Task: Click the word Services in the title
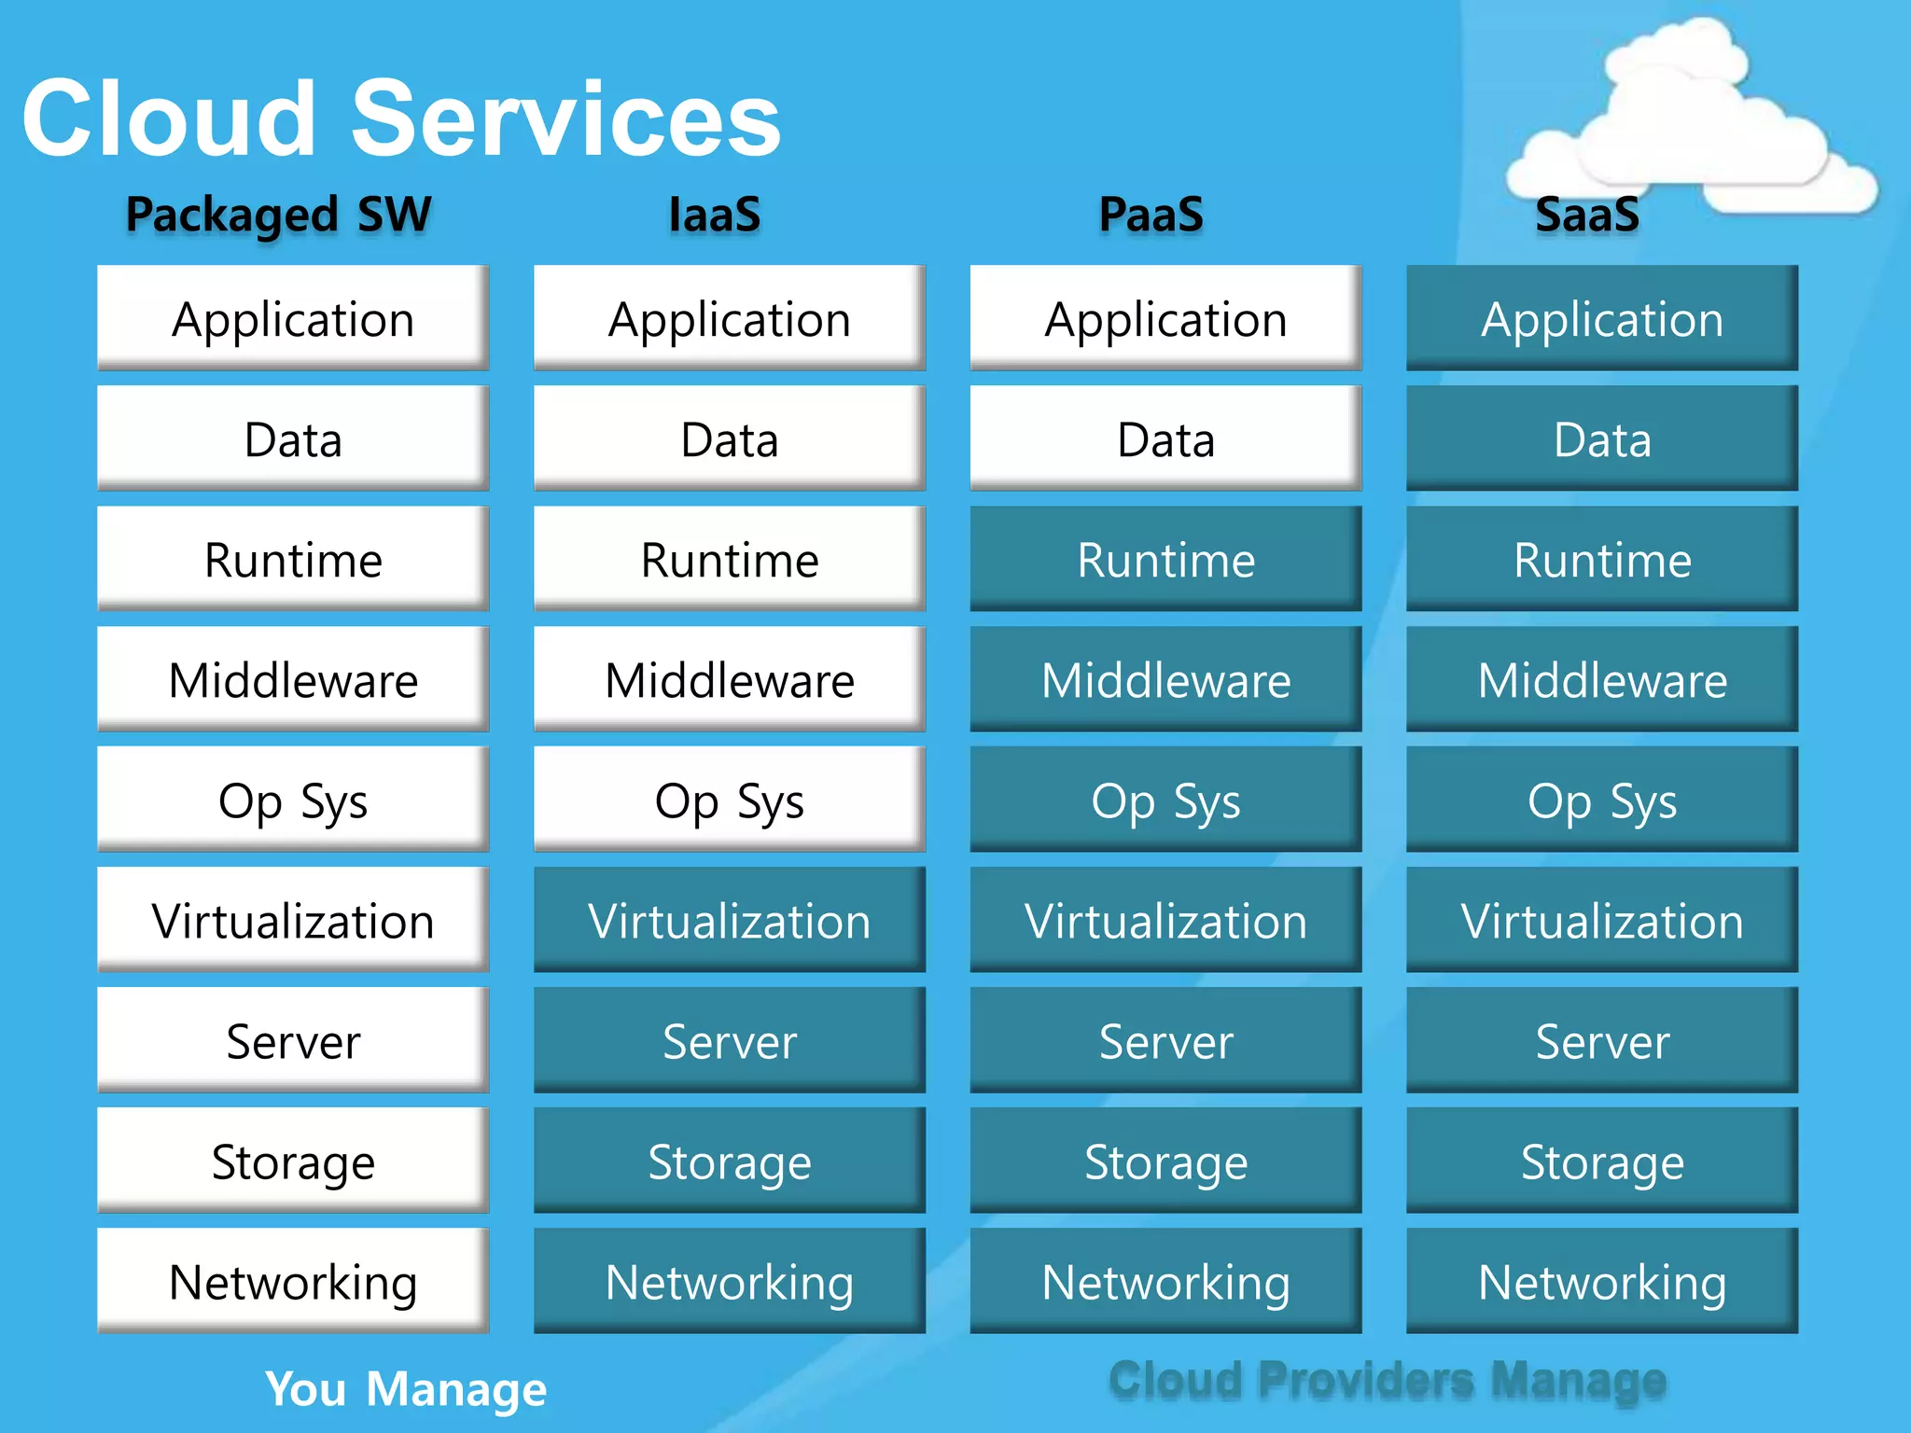[x=565, y=119]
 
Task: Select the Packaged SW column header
[x=278, y=215]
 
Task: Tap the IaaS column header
[x=715, y=215]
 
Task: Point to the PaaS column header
[x=1151, y=215]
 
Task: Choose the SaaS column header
[x=1587, y=215]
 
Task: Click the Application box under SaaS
[x=1602, y=319]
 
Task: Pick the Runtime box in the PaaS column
[x=1165, y=560]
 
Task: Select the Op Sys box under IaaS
[x=729, y=800]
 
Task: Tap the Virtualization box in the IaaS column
[x=729, y=921]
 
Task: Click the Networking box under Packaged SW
[x=293, y=1282]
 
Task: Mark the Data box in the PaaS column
[x=1165, y=439]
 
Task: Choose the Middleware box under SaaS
[x=1602, y=680]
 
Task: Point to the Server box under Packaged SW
[x=293, y=1041]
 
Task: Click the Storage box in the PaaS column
[x=1165, y=1162]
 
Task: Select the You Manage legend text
[x=406, y=1388]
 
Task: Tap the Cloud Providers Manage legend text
[x=1388, y=1380]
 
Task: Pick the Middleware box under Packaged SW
[x=293, y=680]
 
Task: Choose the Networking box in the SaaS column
[x=1602, y=1282]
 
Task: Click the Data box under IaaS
[x=729, y=439]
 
